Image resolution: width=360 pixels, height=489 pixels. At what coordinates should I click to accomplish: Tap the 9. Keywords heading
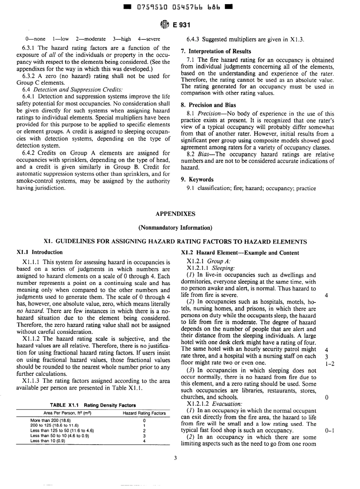pos(197,180)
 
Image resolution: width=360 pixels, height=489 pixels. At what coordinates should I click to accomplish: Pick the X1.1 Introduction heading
pos(40,252)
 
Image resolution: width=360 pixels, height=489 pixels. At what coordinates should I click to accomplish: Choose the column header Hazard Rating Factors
pos(144,413)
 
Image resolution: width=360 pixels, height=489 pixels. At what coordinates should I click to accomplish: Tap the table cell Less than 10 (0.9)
pos(47,441)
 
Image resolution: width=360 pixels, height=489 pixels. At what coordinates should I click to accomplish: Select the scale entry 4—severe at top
pos(149,39)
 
